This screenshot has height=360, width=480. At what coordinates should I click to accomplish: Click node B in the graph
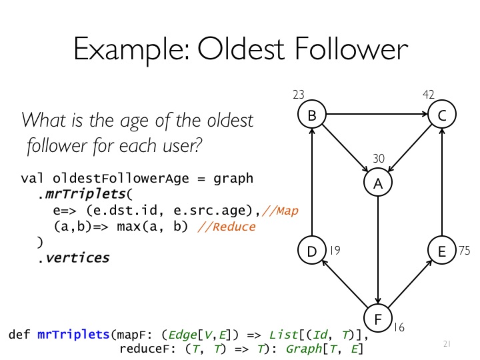312,114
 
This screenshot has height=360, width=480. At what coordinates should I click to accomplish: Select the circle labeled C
442,114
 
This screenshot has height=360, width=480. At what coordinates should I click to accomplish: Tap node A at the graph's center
378,183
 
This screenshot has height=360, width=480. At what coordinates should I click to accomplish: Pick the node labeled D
312,251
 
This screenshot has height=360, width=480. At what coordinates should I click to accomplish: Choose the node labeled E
442,251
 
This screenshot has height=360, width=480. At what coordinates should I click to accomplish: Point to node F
378,319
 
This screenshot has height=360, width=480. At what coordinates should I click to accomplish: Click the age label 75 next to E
465,251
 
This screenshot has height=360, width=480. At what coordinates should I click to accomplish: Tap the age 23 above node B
299,95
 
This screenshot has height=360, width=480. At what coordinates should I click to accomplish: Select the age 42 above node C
429,95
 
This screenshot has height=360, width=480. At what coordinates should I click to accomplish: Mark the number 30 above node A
379,158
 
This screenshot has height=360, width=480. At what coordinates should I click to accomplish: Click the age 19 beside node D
335,251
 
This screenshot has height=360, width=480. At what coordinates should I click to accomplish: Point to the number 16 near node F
399,327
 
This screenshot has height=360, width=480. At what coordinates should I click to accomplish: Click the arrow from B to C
377,114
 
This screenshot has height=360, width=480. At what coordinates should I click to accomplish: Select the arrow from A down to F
378,251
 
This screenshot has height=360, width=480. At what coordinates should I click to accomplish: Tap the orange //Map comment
280,211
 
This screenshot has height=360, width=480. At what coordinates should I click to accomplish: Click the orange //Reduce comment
227,227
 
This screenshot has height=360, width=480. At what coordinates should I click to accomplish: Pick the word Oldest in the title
241,49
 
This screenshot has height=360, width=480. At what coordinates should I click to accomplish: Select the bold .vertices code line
73,258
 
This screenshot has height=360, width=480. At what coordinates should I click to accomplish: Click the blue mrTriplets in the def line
73,335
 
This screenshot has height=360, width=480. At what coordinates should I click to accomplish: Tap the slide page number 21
447,344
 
